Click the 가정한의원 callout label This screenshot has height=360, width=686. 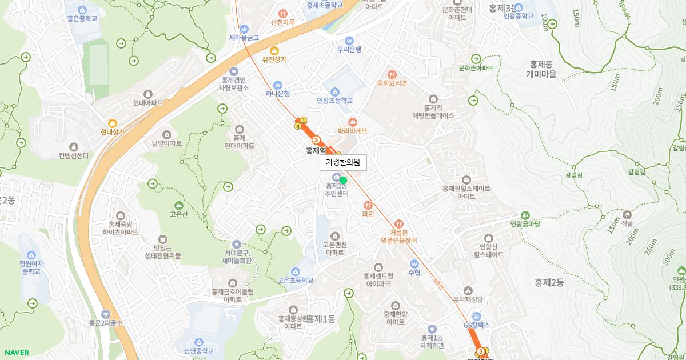click(343, 162)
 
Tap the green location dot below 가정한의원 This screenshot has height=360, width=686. click(343, 180)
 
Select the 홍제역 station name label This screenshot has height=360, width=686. click(316, 151)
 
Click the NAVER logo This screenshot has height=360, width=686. click(15, 353)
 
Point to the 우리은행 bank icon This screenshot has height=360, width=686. click(348, 41)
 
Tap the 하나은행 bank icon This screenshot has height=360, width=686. click(278, 85)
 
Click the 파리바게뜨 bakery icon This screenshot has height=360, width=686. click(352, 122)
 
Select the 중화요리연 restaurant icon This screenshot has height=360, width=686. click(392, 74)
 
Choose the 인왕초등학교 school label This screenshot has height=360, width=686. click(335, 101)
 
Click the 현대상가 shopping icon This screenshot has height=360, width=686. click(112, 122)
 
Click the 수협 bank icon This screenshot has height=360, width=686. click(414, 264)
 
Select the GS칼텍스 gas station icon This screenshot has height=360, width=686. click(477, 317)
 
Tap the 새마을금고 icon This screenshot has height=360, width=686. click(244, 29)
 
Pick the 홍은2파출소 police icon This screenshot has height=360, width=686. click(106, 314)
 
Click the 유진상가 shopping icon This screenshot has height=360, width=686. click(274, 50)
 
